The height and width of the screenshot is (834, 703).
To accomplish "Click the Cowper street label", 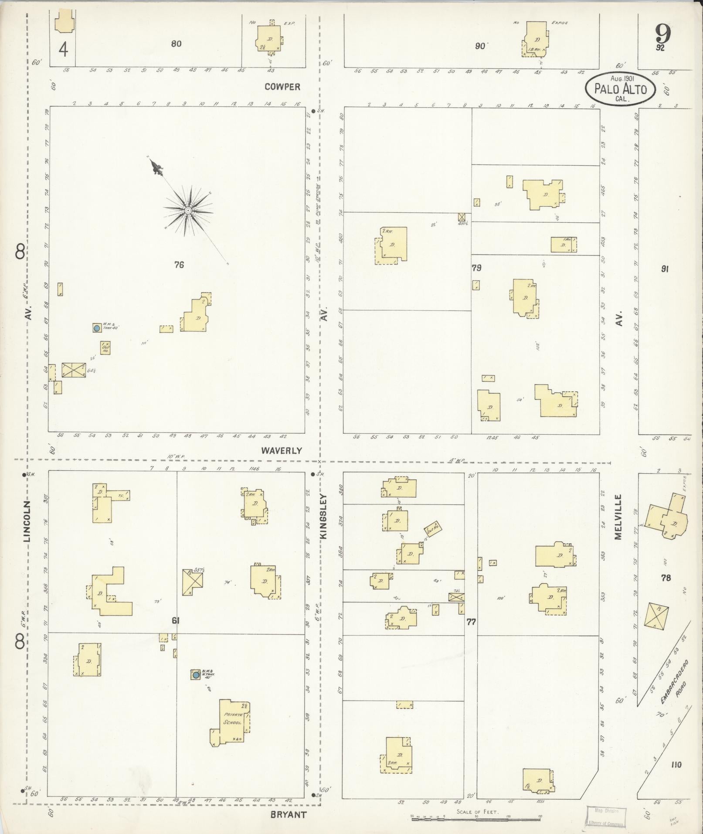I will pyautogui.click(x=282, y=87).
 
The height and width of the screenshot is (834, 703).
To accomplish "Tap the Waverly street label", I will pyautogui.click(x=282, y=450).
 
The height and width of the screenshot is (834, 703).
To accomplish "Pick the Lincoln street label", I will pyautogui.click(x=27, y=521).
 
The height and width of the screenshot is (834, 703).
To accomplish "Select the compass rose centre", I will pyautogui.click(x=188, y=211).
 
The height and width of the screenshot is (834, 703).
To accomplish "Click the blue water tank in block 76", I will pyautogui.click(x=97, y=328).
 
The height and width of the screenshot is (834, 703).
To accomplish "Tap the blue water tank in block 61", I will pyautogui.click(x=196, y=675).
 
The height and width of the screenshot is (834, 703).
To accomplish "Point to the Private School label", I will pyautogui.click(x=232, y=718).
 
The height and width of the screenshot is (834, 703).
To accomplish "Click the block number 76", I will pyautogui.click(x=179, y=264).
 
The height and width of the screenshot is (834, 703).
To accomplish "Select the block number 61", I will pyautogui.click(x=176, y=621).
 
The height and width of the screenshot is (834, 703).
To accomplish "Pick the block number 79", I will pyautogui.click(x=476, y=268).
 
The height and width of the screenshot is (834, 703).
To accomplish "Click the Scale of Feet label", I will pyautogui.click(x=477, y=812).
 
